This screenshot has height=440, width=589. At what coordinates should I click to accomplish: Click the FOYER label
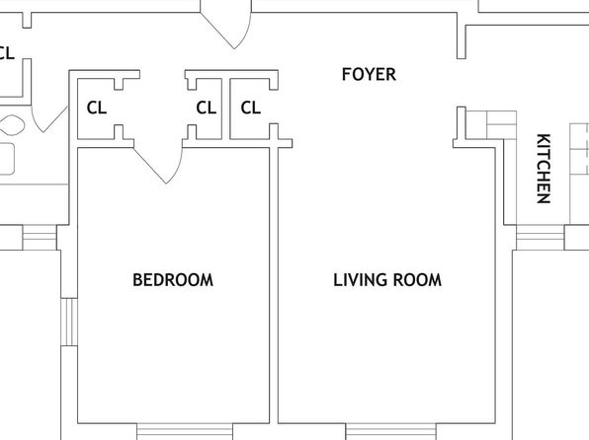(369, 74)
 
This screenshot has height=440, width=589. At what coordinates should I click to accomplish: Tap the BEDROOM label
(173, 280)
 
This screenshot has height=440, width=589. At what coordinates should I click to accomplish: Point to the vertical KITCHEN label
(544, 169)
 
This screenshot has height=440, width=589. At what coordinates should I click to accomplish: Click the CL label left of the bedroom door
(97, 108)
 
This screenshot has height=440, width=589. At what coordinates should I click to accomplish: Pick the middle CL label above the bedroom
(207, 108)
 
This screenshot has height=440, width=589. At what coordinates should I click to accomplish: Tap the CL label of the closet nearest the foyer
(251, 108)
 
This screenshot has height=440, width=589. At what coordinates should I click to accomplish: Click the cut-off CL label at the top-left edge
(7, 53)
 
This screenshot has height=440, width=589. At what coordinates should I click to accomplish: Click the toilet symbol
(13, 125)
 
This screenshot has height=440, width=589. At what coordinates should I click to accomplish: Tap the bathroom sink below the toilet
(7, 159)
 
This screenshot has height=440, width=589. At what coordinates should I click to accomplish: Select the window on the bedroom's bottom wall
(185, 431)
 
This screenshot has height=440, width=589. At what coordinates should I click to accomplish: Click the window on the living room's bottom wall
(390, 431)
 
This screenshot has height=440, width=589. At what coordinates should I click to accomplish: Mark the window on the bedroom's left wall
(69, 322)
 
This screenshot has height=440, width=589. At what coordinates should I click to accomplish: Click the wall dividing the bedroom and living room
(274, 285)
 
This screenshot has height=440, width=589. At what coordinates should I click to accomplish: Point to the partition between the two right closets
(225, 109)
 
